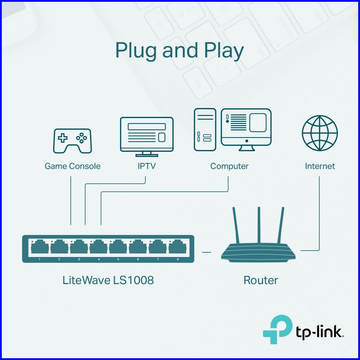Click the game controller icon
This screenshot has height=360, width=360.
(x=72, y=141)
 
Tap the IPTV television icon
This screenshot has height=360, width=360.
(x=146, y=136)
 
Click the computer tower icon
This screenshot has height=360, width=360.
(x=205, y=129)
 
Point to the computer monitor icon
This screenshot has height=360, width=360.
(x=246, y=130)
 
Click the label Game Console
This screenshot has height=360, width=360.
(x=72, y=166)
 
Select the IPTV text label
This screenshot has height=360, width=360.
(x=146, y=166)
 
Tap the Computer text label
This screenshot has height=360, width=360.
(x=229, y=166)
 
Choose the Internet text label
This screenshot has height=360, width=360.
(x=320, y=166)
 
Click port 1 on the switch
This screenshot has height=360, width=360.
(x=40, y=247)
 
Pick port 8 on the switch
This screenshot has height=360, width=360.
(x=178, y=247)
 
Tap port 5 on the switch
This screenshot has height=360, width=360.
(x=118, y=247)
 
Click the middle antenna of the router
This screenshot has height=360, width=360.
(x=259, y=225)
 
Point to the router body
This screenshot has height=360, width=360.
(x=258, y=252)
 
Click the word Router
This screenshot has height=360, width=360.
(x=261, y=280)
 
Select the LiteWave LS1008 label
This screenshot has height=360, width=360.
(x=108, y=280)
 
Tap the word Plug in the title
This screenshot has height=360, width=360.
(x=136, y=51)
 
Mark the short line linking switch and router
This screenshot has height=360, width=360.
(x=206, y=252)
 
